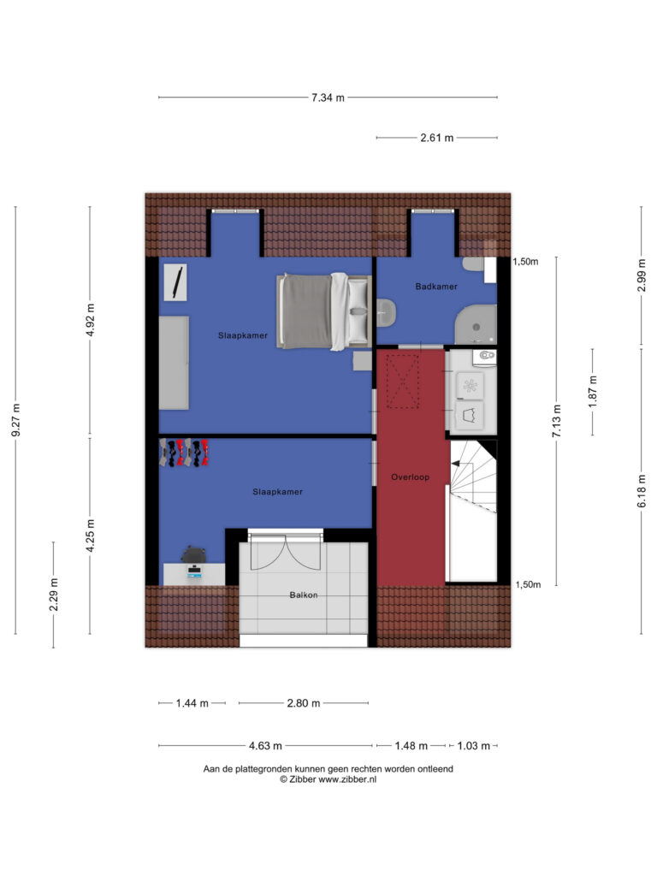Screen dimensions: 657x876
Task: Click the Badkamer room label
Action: point(435,287)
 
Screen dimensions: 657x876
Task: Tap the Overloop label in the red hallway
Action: point(410,477)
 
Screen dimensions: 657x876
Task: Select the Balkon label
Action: point(304,595)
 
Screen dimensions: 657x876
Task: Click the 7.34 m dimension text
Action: point(328,98)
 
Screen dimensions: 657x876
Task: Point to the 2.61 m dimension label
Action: point(437,138)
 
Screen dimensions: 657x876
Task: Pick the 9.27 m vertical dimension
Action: point(15,419)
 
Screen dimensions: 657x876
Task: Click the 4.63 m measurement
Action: point(265,746)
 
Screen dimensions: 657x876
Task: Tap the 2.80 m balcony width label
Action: point(304,703)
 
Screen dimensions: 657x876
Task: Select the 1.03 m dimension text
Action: point(474,746)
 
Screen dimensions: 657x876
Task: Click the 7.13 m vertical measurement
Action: point(556,421)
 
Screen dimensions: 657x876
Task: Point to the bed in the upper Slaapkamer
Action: point(324,311)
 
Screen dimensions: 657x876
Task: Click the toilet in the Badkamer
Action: point(386,312)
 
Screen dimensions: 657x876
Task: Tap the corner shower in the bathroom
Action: point(476,324)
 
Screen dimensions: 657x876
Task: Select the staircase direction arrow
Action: point(455,463)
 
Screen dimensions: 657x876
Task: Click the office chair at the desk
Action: point(194,554)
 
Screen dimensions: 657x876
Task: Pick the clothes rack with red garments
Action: point(184,453)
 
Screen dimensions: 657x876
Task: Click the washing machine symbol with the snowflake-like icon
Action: point(470,385)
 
